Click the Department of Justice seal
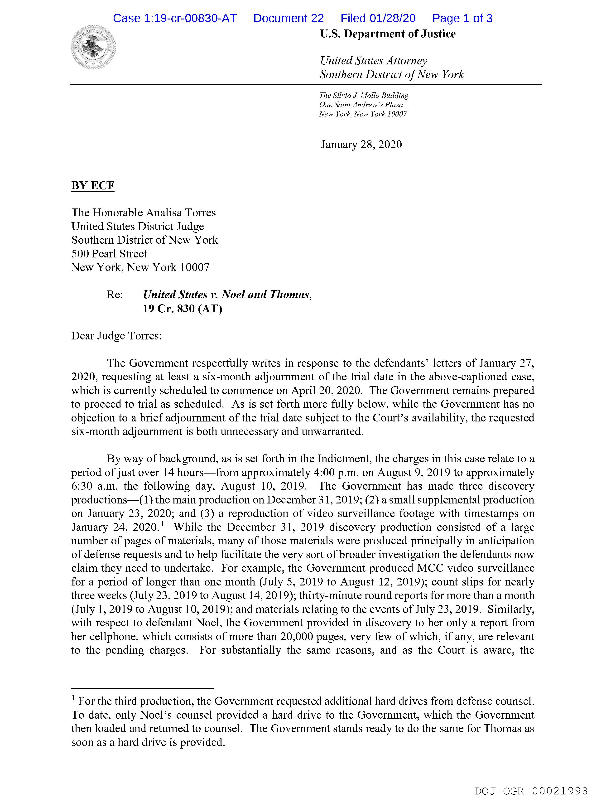(93, 47)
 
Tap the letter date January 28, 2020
(361, 144)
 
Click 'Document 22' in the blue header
(288, 18)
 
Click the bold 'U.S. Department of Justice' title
(388, 34)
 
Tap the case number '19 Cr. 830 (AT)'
(183, 309)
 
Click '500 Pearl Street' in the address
(109, 254)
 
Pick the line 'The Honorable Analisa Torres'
(143, 213)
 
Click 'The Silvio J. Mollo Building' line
(364, 96)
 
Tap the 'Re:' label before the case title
(115, 295)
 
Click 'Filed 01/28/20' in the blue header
(378, 18)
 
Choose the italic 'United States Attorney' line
(373, 61)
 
